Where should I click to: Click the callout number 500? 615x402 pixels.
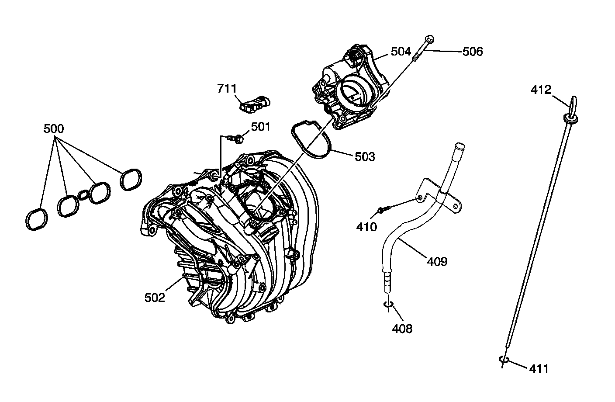(53, 129)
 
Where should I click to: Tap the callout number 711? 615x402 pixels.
(227, 89)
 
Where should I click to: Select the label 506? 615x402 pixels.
(473, 52)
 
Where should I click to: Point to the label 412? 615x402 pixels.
(541, 90)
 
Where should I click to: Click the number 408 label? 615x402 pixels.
(402, 328)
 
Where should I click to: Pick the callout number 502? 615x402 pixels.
(155, 298)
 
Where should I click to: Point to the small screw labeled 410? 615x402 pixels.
(382, 211)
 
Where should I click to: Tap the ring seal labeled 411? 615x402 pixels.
(504, 360)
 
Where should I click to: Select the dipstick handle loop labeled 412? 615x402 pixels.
(573, 103)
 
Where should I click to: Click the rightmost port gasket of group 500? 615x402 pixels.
(131, 179)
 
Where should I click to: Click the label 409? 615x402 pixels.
(437, 262)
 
